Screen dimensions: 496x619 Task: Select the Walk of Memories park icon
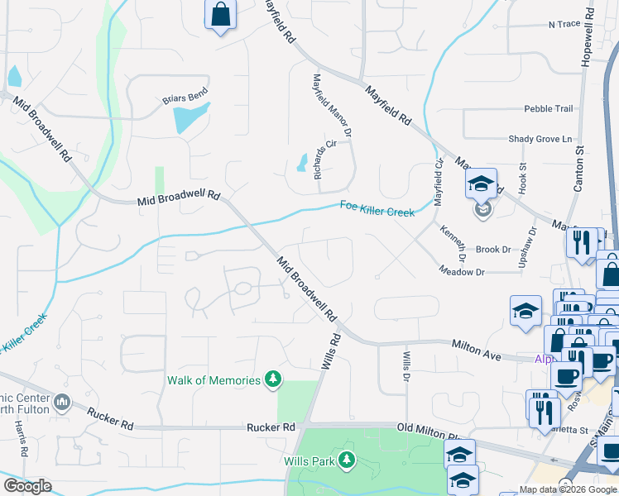coord(273,380)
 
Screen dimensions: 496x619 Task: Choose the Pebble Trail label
coord(548,108)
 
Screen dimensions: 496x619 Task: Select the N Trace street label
coord(564,24)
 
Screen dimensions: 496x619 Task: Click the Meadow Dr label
coord(461,270)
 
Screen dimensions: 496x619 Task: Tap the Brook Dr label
coord(492,249)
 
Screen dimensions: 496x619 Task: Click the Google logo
coord(27,486)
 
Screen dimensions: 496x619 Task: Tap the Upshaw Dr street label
coord(533,246)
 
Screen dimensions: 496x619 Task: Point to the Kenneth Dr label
coord(453,243)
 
